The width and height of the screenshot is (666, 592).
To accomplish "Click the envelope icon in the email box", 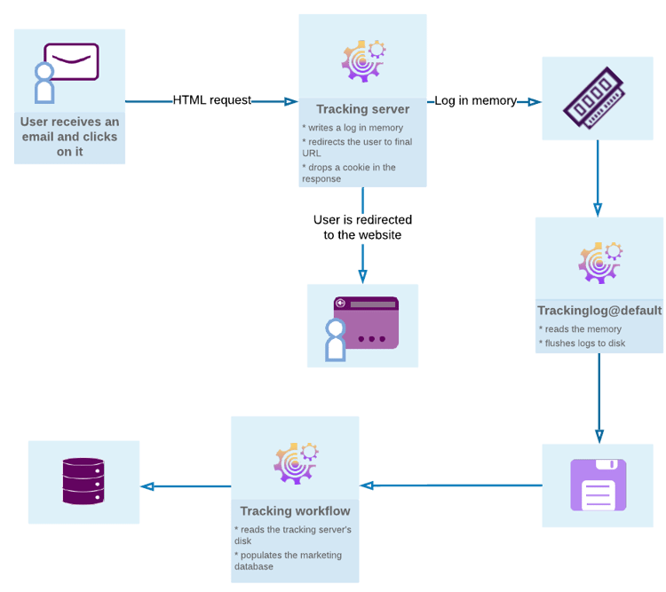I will pos(71,62).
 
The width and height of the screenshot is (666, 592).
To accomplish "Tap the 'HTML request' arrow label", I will pos(212,100).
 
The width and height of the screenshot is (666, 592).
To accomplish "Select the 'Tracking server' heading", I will pos(362,109).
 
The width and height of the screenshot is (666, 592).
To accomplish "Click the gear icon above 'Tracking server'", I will pos(363,60).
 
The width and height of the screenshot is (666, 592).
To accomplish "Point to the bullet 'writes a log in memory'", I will pos(353,128).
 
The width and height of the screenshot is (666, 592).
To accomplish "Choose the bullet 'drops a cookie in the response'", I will pos(349,173).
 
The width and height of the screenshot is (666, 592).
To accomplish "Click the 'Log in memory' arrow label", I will pos(475,101).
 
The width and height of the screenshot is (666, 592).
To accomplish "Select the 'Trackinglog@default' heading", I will pos(599,311).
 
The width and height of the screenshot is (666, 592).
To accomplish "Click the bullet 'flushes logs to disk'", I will pos(582,343).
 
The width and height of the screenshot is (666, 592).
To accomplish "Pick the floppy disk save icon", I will pos(598,485).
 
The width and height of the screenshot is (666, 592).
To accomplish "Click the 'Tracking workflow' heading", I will pos(295,511).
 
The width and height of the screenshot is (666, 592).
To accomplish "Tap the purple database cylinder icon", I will pos(83,482).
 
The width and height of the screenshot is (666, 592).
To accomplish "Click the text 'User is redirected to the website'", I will pos(362,227).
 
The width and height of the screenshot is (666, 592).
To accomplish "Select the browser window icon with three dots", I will pos(365,323).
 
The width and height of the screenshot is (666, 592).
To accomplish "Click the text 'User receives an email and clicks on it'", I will pos(69,137).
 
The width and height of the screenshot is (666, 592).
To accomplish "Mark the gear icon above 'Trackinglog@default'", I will pos(599,262).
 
